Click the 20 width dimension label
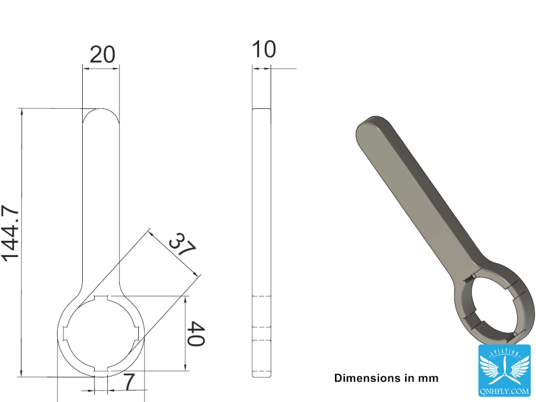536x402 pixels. coord(102,54)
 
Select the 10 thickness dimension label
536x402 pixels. coord(264,49)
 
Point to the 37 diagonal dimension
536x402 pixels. coord(183,244)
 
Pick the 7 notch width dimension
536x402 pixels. coord(129,382)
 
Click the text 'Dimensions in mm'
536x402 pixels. coord(386,378)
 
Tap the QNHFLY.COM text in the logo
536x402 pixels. coord(505,390)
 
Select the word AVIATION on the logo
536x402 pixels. coord(505,352)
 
